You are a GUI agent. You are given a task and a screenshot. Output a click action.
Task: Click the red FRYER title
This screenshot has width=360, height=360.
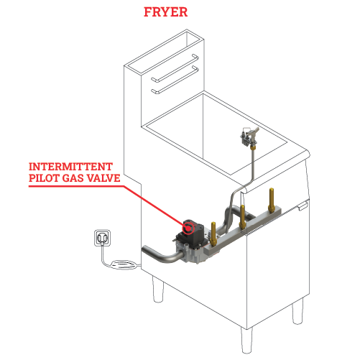[165, 12]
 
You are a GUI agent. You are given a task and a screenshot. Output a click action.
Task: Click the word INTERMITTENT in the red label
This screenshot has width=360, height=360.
[70, 167]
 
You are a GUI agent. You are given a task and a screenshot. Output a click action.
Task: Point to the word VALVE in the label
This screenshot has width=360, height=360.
[103, 178]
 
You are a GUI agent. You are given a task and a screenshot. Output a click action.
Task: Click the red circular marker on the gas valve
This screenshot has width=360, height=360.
[188, 229]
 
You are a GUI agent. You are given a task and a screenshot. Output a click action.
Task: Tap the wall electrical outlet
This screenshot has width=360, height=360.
[103, 238]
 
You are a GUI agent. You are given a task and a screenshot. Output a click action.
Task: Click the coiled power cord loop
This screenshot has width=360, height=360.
[124, 264]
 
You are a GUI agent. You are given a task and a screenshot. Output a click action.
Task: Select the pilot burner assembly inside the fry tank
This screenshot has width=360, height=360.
[249, 137]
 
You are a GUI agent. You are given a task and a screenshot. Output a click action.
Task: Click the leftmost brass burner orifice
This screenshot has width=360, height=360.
[213, 234]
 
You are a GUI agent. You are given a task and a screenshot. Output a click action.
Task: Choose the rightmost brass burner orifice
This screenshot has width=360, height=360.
[271, 200]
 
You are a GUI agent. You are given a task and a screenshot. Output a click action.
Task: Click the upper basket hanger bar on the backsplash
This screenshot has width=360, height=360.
[175, 68]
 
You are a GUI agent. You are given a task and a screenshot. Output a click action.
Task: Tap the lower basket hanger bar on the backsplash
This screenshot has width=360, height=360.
[175, 80]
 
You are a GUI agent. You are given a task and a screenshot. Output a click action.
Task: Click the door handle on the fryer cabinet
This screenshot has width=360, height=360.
[303, 206]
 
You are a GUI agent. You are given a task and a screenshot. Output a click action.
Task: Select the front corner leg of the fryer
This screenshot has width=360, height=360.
[246, 340]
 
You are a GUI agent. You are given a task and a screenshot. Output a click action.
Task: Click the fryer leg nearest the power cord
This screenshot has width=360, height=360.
[158, 289]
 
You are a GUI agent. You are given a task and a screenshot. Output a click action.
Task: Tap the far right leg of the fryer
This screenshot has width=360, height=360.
[297, 311]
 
